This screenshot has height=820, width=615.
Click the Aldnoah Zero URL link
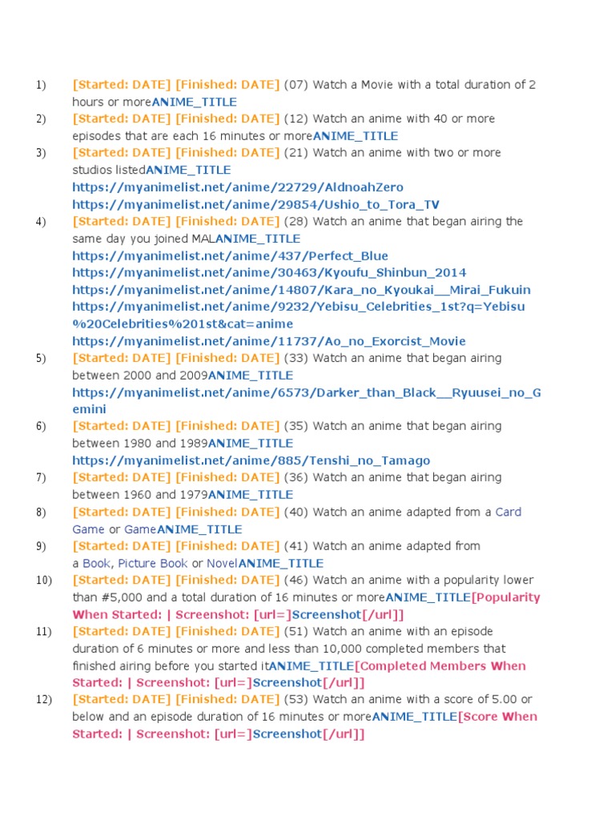(238, 187)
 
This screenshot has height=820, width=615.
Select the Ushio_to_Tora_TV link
(255, 204)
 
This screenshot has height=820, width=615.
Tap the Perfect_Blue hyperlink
(230, 255)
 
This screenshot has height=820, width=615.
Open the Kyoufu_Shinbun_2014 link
(269, 273)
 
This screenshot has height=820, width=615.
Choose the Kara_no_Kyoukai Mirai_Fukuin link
(301, 290)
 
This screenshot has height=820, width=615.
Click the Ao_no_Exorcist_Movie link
(268, 341)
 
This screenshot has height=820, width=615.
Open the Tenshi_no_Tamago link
(251, 460)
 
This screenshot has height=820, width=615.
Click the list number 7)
(41, 477)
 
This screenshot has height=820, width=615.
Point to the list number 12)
(43, 699)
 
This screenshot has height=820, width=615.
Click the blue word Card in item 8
(508, 512)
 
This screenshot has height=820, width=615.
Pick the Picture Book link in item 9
(153, 563)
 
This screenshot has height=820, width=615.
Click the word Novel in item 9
(222, 563)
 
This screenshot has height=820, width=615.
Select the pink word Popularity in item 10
(508, 597)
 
